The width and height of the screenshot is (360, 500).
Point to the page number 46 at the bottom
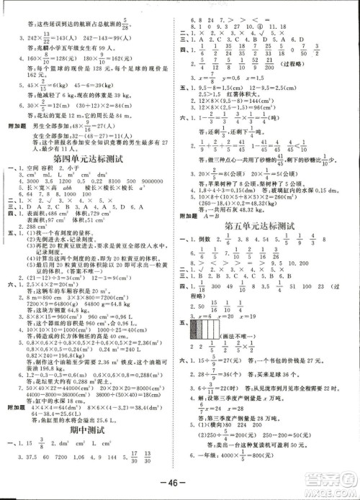pyautogui.click(x=179, y=481)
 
